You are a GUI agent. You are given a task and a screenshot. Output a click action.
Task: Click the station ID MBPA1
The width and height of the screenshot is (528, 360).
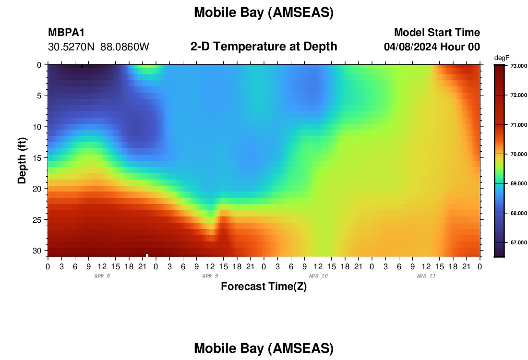(66, 32)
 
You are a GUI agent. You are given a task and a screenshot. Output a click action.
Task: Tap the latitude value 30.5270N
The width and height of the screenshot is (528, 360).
(72, 47)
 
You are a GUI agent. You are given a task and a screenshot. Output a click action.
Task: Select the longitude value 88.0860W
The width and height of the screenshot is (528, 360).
(125, 47)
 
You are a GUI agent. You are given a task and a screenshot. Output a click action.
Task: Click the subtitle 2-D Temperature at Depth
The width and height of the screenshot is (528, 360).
(264, 47)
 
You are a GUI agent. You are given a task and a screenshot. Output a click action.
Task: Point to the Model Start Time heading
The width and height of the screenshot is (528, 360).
(437, 32)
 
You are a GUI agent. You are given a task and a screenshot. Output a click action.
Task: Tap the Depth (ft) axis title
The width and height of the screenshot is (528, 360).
(22, 160)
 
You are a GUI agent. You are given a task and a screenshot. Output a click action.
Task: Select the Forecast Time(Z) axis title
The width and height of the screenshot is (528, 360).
(264, 286)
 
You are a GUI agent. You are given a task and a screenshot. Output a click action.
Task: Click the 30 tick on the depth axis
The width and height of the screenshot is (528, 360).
(37, 251)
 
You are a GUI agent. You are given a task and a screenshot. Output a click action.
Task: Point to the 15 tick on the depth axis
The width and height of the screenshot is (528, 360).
(37, 158)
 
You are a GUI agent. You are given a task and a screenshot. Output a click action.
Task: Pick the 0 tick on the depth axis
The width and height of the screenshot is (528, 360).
(39, 65)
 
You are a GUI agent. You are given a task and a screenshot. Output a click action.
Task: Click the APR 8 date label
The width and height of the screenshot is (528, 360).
(102, 276)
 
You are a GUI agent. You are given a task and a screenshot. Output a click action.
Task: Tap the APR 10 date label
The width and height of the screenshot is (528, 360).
(318, 276)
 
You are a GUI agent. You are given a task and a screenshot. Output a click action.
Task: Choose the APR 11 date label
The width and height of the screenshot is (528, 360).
(426, 276)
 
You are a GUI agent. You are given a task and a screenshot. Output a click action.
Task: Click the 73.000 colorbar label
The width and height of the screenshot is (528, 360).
(518, 66)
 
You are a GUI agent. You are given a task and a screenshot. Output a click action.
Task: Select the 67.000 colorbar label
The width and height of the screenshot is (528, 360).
(518, 242)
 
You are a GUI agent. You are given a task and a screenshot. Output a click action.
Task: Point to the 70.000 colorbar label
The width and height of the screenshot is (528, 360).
(518, 154)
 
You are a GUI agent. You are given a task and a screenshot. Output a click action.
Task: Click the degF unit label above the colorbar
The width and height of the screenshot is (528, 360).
(502, 58)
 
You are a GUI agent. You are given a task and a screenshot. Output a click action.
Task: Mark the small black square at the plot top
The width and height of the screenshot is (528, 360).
(82, 66)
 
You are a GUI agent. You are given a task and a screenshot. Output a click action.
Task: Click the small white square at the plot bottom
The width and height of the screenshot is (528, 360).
(147, 255)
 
